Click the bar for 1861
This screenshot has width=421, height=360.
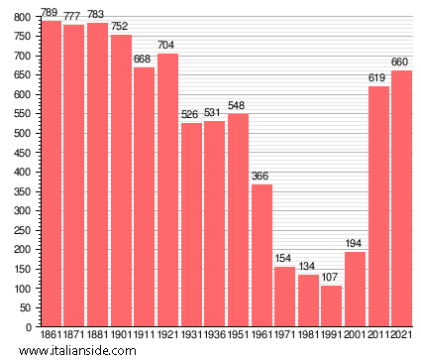[x=51, y=174]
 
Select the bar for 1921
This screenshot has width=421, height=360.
[x=167, y=189]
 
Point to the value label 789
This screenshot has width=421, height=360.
[x=51, y=13]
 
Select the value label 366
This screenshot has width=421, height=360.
[x=262, y=177]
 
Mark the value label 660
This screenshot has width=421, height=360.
[x=401, y=62]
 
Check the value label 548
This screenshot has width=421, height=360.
[x=238, y=106]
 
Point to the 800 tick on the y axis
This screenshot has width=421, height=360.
[x=22, y=17]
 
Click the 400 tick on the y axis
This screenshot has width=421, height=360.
[x=22, y=172]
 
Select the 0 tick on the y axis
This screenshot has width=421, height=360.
[x=29, y=326]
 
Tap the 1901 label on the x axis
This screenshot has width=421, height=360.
[x=121, y=335]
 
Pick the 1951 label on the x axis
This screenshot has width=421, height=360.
[x=238, y=335]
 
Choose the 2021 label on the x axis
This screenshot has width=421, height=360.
[x=401, y=335]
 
